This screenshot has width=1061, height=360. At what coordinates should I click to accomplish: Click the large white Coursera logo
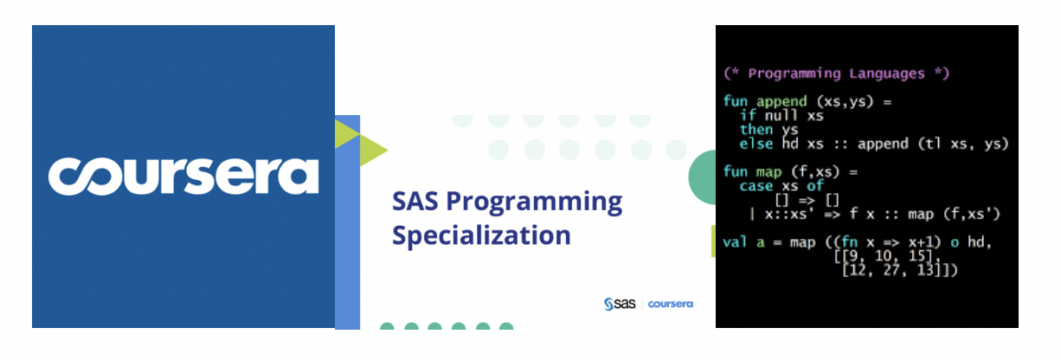click(183, 177)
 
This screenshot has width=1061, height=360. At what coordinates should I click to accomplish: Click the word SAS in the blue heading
click(415, 201)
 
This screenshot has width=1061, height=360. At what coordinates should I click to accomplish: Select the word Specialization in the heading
click(481, 236)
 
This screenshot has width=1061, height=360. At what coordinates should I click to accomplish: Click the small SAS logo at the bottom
click(620, 304)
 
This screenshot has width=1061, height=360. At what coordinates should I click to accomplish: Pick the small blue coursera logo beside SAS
click(670, 304)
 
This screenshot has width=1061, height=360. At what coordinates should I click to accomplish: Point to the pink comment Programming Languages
click(837, 74)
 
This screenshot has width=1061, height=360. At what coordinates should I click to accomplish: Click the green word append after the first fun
click(781, 102)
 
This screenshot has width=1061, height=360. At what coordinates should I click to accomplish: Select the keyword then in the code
click(756, 129)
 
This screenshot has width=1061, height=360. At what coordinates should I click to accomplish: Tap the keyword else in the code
click(756, 144)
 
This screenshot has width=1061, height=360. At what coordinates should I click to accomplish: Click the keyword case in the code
click(756, 186)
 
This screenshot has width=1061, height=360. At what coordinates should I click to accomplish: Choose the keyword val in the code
click(735, 242)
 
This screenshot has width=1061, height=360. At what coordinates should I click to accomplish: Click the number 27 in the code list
click(891, 270)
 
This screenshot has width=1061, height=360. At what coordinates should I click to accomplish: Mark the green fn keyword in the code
click(849, 242)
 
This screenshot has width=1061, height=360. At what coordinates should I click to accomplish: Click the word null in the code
click(781, 115)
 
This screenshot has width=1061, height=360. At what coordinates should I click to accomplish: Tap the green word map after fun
click(768, 172)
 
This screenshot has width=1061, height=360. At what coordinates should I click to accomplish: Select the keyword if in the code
click(748, 115)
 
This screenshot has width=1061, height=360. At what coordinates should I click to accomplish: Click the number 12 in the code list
click(858, 270)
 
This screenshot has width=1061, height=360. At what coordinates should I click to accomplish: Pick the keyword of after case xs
click(815, 186)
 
